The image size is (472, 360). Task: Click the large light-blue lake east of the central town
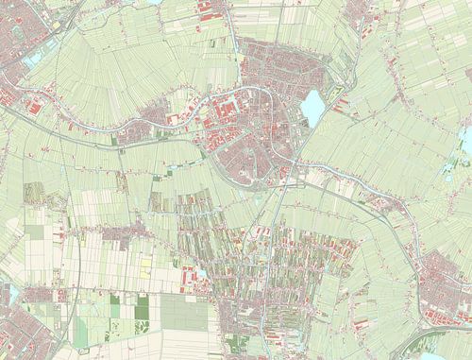tap(312, 108)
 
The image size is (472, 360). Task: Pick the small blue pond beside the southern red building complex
tap(201, 274)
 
